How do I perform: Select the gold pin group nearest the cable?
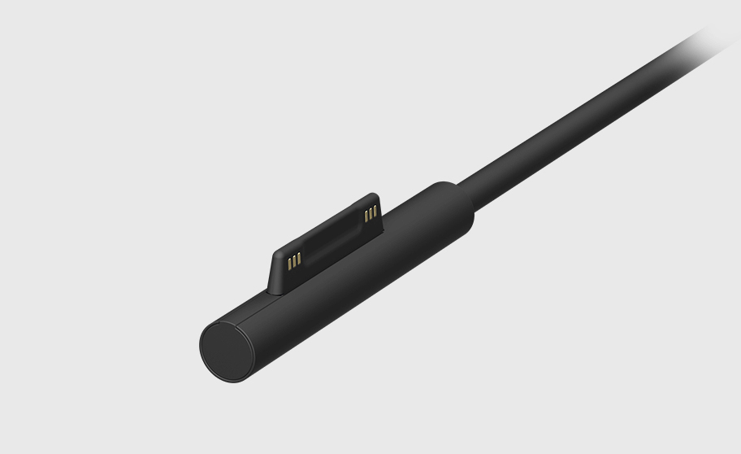pos(371,213)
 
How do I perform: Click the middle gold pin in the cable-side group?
pos(371,213)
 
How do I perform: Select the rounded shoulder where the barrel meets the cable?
pos(455,199)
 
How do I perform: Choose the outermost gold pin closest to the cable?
pos(376,211)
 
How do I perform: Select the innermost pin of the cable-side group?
pos(366,216)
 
